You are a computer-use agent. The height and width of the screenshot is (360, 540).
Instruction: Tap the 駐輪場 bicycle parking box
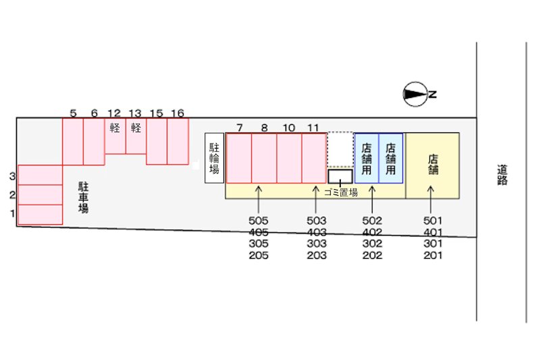(x=214, y=158)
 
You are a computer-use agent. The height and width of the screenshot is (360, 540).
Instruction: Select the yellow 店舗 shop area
(x=433, y=165)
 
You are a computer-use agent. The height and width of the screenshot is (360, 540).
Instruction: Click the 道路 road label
(x=502, y=175)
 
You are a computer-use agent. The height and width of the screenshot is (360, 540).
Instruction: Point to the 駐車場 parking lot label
(x=83, y=197)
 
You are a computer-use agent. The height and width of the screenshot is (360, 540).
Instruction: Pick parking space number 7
(x=239, y=158)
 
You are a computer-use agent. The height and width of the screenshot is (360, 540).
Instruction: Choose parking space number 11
(x=314, y=158)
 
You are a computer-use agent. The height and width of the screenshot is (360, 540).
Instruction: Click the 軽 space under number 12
(x=115, y=136)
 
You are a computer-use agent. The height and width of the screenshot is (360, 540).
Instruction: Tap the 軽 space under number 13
(x=136, y=136)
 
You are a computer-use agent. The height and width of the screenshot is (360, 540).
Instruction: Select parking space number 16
(x=178, y=141)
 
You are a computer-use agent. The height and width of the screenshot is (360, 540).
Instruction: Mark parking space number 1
(x=40, y=215)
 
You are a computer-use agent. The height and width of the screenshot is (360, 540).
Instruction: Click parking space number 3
(x=40, y=175)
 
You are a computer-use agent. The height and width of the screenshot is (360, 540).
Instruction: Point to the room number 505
(x=259, y=220)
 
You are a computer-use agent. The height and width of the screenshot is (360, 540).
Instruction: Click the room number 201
(x=433, y=255)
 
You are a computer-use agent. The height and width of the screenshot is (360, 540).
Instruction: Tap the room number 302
(x=373, y=244)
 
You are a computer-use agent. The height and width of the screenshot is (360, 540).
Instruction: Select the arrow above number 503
(x=315, y=199)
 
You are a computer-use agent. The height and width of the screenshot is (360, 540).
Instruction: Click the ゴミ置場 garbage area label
(x=341, y=192)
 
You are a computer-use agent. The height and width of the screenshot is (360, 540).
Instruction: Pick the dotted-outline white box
(x=340, y=149)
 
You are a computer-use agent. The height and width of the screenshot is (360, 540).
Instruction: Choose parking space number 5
(x=73, y=142)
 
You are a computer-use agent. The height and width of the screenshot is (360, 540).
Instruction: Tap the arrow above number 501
(x=431, y=199)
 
